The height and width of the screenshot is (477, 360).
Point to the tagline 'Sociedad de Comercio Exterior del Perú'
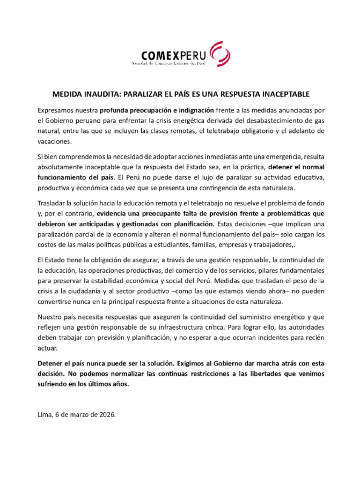tap(168, 64)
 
